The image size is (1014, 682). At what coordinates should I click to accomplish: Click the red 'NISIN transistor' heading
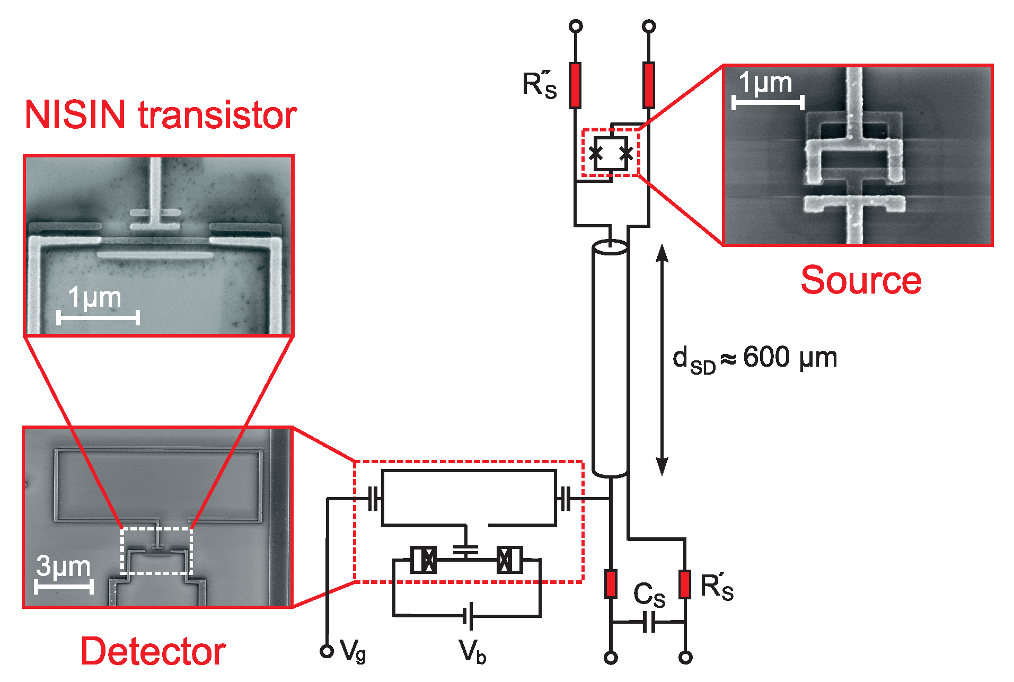[161, 115]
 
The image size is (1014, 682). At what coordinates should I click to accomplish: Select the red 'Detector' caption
[153, 651]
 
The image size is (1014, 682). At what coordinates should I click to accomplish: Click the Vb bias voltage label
[472, 651]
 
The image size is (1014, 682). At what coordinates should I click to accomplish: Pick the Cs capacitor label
[649, 595]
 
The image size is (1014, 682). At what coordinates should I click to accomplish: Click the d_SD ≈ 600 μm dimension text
[755, 359]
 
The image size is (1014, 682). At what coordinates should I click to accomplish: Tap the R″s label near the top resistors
[540, 85]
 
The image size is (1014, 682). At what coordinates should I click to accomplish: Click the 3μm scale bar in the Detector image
[64, 586]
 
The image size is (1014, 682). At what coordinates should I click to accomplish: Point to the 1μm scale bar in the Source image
[768, 102]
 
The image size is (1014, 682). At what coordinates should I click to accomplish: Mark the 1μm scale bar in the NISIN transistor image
[98, 317]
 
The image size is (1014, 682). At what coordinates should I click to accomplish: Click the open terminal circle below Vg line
[327, 651]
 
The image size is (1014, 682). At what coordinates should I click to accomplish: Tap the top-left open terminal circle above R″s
[575, 26]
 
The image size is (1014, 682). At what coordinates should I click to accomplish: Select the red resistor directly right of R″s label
[575, 85]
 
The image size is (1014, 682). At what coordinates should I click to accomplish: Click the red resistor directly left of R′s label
[685, 584]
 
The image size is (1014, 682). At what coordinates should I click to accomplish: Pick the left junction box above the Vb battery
[424, 560]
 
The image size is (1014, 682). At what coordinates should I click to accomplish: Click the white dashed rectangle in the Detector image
[157, 551]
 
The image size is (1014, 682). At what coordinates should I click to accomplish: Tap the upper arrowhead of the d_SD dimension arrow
[662, 253]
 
